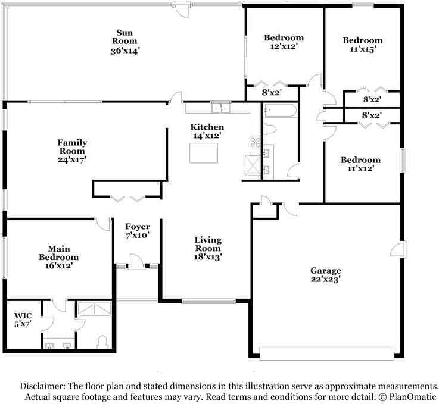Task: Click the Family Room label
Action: tap(72, 147)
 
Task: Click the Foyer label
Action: tap(137, 227)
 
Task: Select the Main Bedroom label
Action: tap(59, 253)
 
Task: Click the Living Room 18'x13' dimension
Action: tap(208, 257)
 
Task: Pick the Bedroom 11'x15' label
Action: tap(362, 40)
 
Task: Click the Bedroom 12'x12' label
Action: tap(284, 38)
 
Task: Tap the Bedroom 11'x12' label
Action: tap(360, 160)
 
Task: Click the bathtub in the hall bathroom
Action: tap(279, 111)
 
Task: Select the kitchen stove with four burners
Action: tap(255, 142)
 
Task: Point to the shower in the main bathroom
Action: tap(94, 309)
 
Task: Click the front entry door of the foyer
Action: tap(137, 262)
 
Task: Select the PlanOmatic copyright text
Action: tap(408, 396)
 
